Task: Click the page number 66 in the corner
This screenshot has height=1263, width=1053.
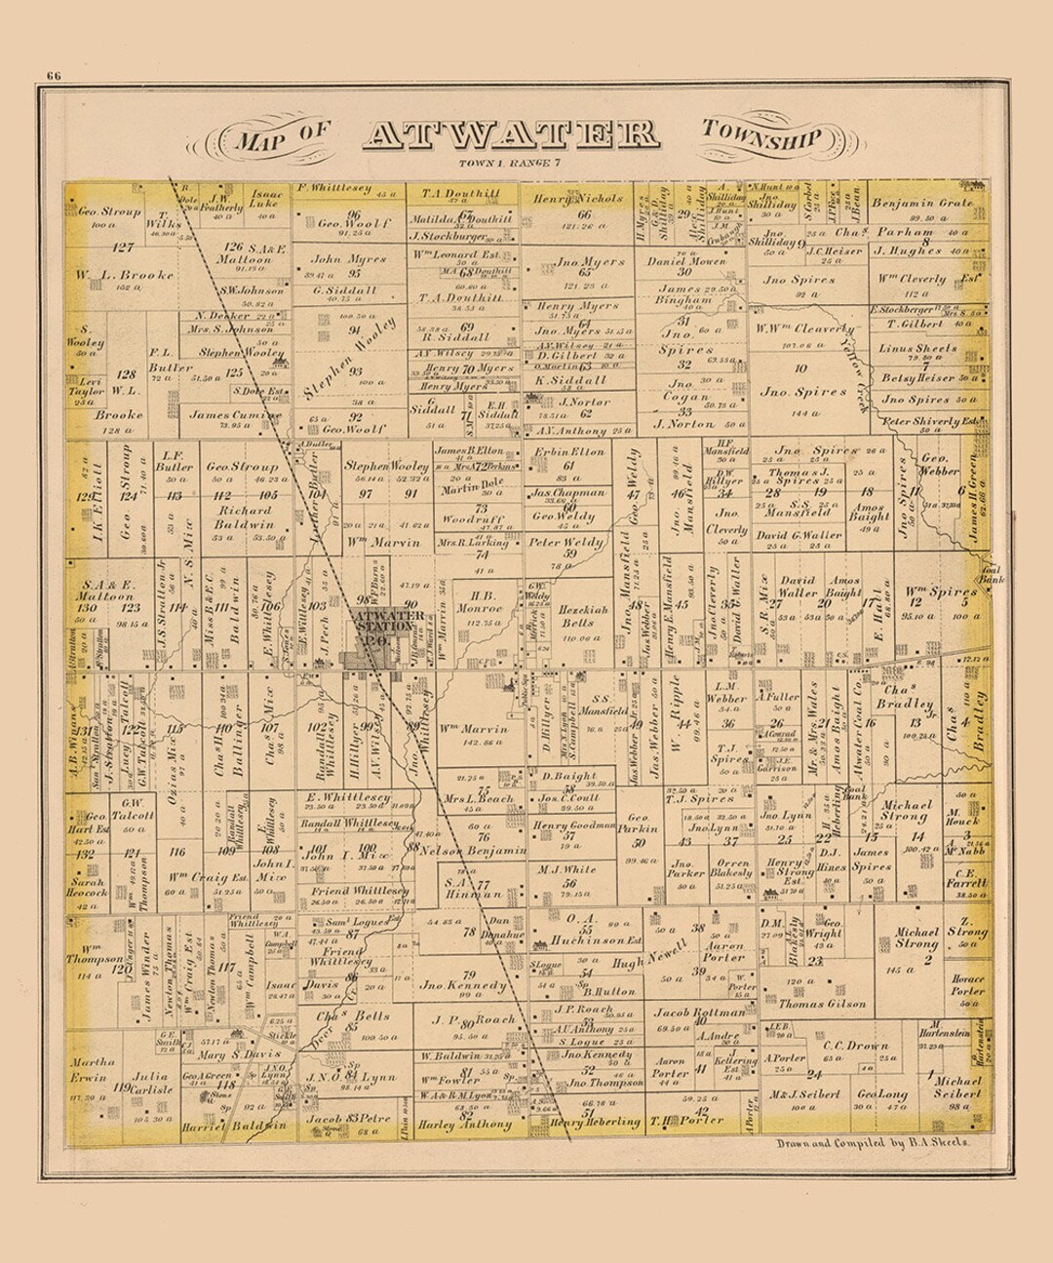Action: coord(53,78)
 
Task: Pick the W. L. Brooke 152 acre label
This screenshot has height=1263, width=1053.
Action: coord(126,276)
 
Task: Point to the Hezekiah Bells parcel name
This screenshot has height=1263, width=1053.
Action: coord(576,616)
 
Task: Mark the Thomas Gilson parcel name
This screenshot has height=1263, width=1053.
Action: coord(821,1003)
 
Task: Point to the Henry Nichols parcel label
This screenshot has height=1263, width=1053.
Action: coord(578,198)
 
